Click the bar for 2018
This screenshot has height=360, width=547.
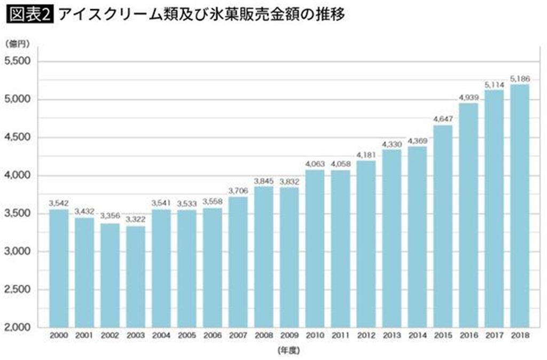(x=520, y=206)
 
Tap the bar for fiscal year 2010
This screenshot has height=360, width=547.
(x=315, y=248)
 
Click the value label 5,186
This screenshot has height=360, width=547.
(x=520, y=79)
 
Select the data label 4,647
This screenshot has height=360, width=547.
(x=443, y=119)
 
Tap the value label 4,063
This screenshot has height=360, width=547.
(x=315, y=163)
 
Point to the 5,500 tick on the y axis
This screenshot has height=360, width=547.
(x=17, y=61)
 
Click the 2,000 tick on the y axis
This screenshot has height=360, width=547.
(x=17, y=327)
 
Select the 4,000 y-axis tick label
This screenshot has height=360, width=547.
(x=17, y=175)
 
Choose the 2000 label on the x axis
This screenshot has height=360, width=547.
(x=59, y=337)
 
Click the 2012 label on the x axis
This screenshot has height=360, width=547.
(x=366, y=337)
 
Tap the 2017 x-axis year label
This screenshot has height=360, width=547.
(x=494, y=337)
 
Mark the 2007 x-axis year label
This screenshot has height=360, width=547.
(x=238, y=337)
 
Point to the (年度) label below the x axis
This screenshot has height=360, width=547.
(x=289, y=351)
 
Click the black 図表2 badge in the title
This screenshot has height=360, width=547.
(x=29, y=15)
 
